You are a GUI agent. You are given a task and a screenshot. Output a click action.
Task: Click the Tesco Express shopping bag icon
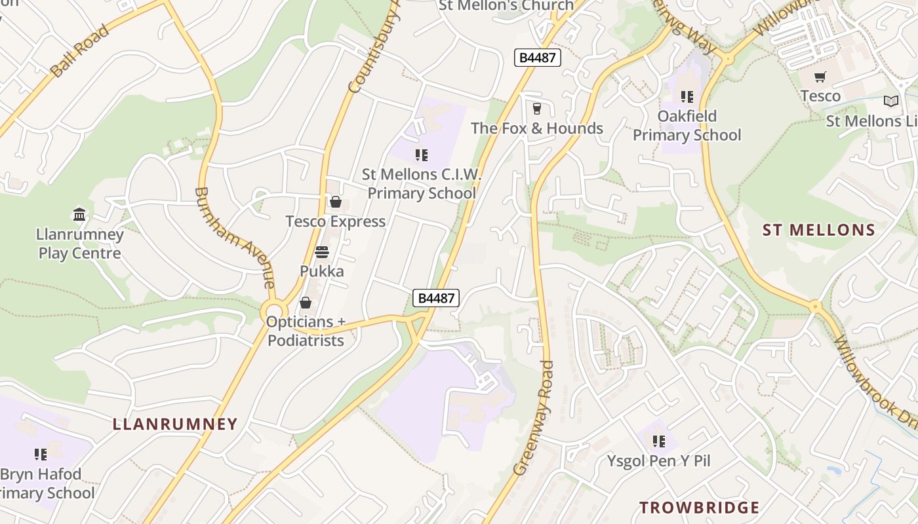tap(336, 202)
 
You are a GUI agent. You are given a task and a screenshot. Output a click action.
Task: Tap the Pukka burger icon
tap(322, 252)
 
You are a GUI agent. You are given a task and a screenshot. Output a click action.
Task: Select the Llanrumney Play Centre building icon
tap(80, 214)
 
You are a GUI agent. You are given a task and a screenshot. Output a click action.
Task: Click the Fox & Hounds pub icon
tap(537, 108)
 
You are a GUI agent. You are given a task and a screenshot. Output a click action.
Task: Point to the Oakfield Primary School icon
tap(687, 97)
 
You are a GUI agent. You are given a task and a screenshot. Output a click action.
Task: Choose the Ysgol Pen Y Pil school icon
tap(658, 441)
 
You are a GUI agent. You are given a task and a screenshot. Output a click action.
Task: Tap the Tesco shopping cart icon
tap(820, 77)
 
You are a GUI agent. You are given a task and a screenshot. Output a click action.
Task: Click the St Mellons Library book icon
tap(890, 101)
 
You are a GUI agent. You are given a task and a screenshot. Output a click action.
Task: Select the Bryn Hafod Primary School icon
tap(41, 454)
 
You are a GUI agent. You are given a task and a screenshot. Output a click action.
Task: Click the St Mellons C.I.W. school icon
tap(422, 155)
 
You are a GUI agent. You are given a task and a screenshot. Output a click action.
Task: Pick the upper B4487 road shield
tap(537, 58)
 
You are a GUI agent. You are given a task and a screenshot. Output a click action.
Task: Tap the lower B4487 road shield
tap(436, 298)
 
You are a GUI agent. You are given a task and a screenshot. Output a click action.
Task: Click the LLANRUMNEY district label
tap(175, 424)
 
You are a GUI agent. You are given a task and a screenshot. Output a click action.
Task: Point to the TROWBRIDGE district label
tap(699, 508)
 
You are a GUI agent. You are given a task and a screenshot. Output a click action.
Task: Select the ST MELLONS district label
tap(818, 230)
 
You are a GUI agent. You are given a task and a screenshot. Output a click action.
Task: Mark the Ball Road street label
tap(79, 50)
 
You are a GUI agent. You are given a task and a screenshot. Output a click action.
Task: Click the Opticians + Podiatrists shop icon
tap(306, 303)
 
